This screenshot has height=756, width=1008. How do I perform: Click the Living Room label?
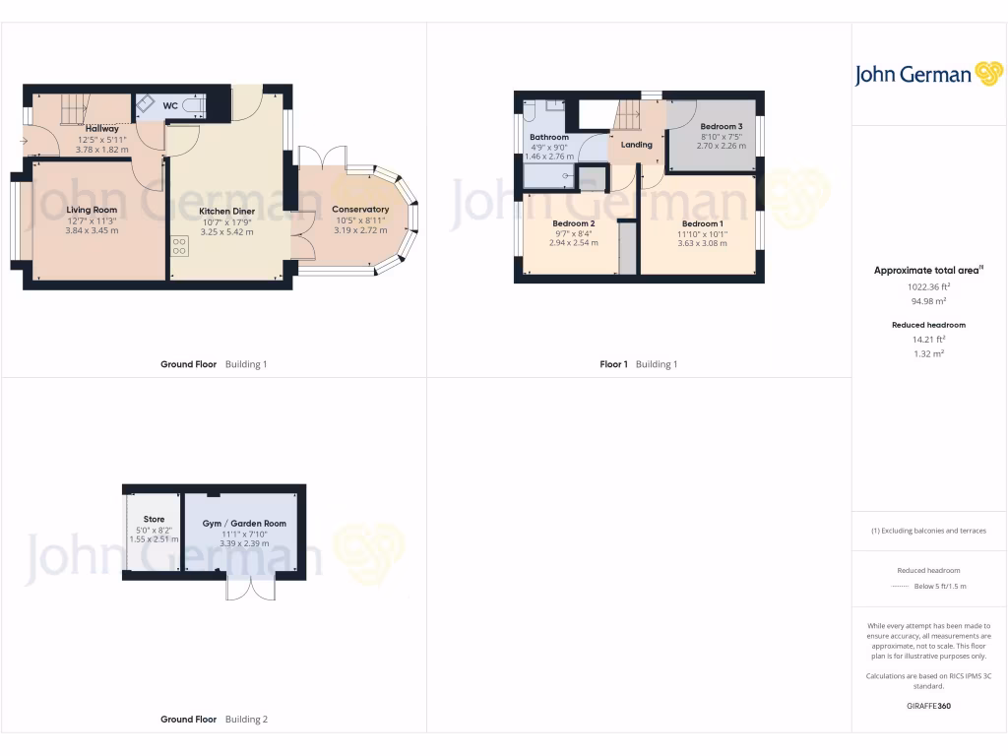click(x=92, y=210)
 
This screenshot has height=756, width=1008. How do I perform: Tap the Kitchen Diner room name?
click(x=220, y=211)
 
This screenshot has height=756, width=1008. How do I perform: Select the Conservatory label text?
click(x=360, y=209)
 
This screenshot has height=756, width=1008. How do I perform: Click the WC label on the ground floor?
click(x=170, y=105)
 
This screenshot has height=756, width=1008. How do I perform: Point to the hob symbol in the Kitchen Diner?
click(x=179, y=246)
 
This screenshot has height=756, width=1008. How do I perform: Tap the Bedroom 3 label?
click(x=721, y=127)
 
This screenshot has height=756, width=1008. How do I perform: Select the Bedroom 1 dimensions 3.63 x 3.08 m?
click(x=701, y=242)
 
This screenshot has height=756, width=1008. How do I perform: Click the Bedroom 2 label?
click(x=573, y=223)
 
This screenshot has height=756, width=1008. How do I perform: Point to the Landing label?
click(x=636, y=145)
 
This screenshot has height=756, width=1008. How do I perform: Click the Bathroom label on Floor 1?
click(x=548, y=137)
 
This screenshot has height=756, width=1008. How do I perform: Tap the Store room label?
click(x=154, y=519)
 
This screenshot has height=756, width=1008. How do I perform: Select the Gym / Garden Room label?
click(x=244, y=524)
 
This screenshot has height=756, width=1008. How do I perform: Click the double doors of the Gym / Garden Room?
click(x=250, y=588)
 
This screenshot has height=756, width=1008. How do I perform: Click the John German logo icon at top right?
click(x=987, y=74)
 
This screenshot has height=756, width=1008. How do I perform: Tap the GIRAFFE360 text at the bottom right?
click(x=928, y=706)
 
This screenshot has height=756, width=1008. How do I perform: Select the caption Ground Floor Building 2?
click(x=214, y=720)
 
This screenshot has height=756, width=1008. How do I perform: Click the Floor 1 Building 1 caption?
click(x=639, y=364)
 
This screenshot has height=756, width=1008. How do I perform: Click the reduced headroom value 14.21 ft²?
click(x=929, y=339)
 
